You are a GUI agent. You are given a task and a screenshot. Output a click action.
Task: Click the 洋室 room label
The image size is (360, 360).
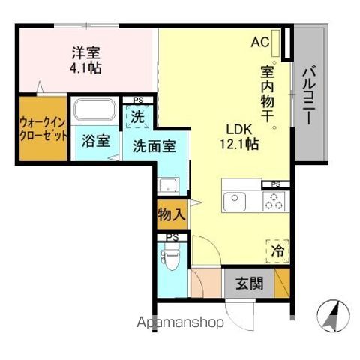(86, 53)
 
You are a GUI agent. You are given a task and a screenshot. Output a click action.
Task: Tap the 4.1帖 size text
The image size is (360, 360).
(86, 67)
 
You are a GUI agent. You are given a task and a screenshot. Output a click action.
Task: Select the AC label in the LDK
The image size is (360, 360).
(260, 42)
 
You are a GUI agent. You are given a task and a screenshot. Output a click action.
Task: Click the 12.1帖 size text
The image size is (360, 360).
(240, 144)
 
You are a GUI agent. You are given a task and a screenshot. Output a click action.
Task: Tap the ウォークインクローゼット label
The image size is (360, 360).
(43, 131)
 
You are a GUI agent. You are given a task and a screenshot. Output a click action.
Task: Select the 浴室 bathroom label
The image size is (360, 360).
(95, 139)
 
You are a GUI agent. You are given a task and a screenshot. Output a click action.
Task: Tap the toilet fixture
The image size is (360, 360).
(169, 259)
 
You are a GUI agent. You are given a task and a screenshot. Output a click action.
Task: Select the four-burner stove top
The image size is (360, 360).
(274, 200)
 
